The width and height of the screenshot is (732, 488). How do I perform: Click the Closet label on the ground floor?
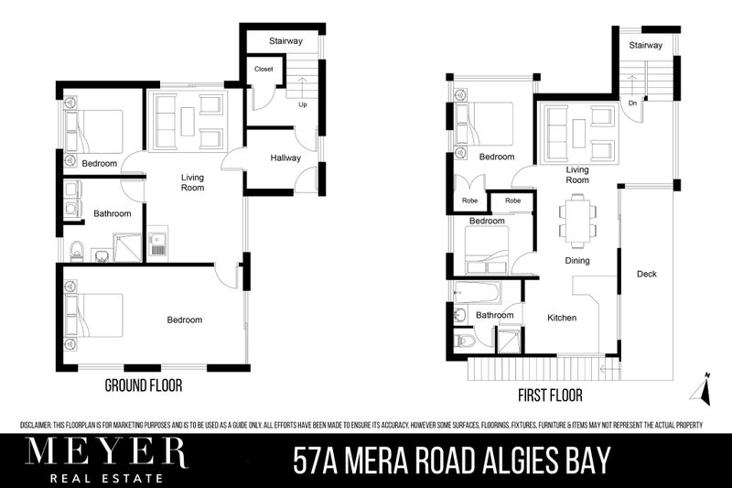click(x=264, y=69)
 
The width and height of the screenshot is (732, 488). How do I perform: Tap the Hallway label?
click(x=285, y=158)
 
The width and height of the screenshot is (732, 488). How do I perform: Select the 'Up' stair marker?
click(x=301, y=104)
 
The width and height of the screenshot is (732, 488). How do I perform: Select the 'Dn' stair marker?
click(x=632, y=103)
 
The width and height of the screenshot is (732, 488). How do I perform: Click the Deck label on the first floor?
click(x=647, y=274)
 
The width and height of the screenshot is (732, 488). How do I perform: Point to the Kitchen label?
click(x=562, y=318)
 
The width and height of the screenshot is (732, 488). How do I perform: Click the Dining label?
click(x=576, y=261)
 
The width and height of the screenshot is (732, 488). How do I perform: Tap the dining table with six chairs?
click(x=577, y=221)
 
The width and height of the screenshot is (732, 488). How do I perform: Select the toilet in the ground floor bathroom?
click(x=77, y=249)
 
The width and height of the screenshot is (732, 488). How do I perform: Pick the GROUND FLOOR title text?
click(x=143, y=386)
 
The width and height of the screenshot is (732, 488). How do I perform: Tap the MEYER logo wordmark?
click(x=106, y=452)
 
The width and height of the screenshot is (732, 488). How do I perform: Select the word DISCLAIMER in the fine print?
click(x=40, y=425)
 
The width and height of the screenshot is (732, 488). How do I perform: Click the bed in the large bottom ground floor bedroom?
click(x=94, y=316)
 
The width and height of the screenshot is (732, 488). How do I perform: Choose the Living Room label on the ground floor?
click(x=191, y=182)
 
